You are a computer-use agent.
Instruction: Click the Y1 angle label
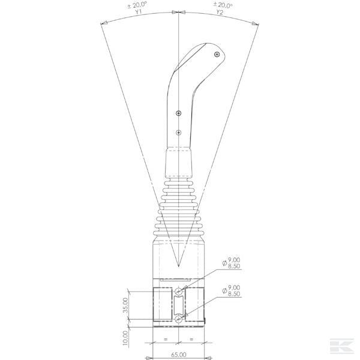coord(138,12)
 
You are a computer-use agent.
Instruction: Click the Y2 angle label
coord(220,12)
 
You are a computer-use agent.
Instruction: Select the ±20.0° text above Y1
coord(137,5)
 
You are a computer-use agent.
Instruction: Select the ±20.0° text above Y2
coord(223,5)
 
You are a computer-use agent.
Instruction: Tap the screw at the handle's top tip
coord(217,55)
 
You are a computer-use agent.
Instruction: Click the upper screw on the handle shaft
coord(179,113)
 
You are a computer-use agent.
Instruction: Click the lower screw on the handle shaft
coord(179,133)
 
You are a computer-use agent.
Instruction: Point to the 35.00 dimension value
coord(125,305)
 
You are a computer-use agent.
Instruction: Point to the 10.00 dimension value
coord(125,337)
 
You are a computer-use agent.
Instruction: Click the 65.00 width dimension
coord(179,355)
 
